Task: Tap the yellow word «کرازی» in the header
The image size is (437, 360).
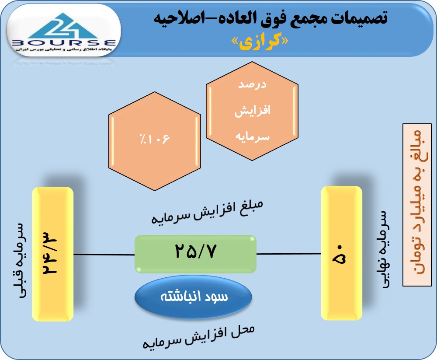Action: pos(260,42)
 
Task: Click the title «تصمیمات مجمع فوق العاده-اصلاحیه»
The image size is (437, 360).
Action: pos(271,19)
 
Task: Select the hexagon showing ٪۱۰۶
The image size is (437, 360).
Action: pos(155,141)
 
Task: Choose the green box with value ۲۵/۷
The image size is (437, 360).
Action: pos(195,254)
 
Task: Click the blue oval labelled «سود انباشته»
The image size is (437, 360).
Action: pos(194,297)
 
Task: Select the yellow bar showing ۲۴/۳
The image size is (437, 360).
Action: pos(53,254)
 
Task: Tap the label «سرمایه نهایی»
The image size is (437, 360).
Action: pos(384,250)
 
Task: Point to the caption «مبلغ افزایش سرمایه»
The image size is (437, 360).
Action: pos(207,212)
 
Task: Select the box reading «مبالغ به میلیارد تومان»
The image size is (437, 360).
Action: pos(417,205)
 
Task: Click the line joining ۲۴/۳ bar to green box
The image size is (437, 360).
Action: pos(104,255)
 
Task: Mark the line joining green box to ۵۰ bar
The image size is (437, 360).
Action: pos(289,254)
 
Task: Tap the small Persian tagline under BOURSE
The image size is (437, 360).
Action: pos(64,49)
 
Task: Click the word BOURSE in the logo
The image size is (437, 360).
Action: pos(64,43)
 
